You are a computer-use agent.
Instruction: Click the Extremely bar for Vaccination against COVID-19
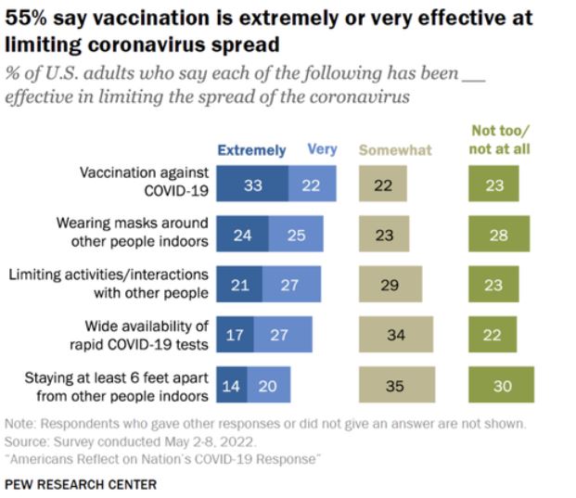pyautogui.click(x=252, y=185)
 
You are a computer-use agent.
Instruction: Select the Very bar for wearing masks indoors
pyautogui.click(x=296, y=235)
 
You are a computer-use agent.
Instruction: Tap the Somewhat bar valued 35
pyautogui.click(x=394, y=385)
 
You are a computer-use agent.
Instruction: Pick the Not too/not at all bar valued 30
pyautogui.click(x=501, y=385)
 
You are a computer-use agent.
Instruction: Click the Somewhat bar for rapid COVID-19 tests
pyautogui.click(x=396, y=335)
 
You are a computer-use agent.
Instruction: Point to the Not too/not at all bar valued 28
pyautogui.click(x=499, y=235)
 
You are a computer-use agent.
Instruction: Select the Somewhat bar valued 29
pyautogui.click(x=390, y=285)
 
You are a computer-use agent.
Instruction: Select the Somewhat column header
pyautogui.click(x=395, y=149)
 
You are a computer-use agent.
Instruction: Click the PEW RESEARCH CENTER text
pyautogui.click(x=81, y=484)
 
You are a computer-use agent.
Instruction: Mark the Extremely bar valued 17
pyautogui.click(x=235, y=335)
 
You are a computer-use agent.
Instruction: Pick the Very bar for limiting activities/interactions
pyautogui.click(x=290, y=285)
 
